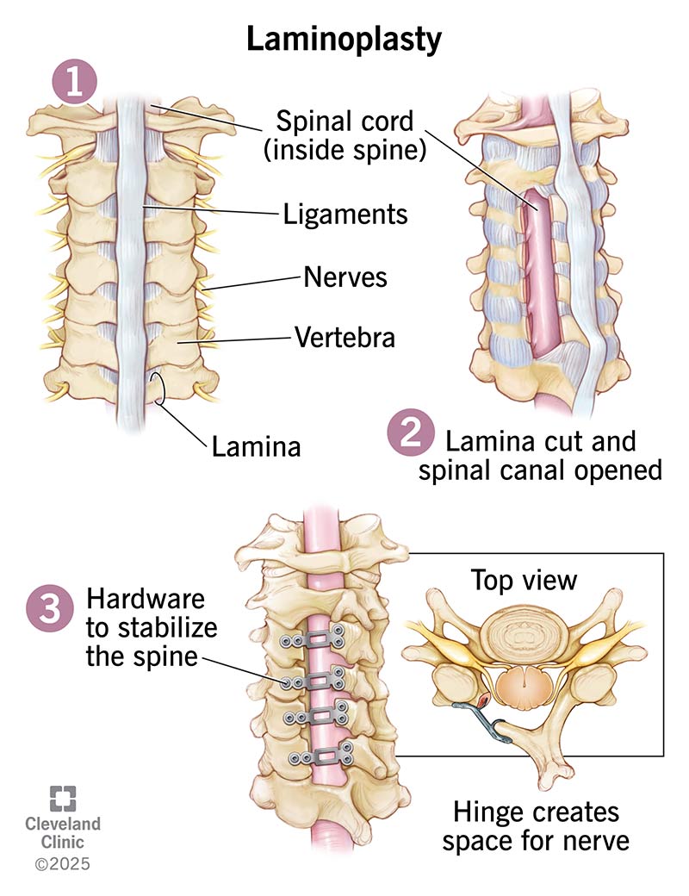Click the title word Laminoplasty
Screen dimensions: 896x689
click(x=344, y=40)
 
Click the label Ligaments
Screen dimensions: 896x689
click(x=345, y=213)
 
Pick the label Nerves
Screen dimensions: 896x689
click(x=344, y=277)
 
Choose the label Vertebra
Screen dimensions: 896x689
click(x=344, y=337)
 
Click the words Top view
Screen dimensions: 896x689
click(x=523, y=580)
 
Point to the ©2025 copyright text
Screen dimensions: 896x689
click(x=61, y=862)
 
